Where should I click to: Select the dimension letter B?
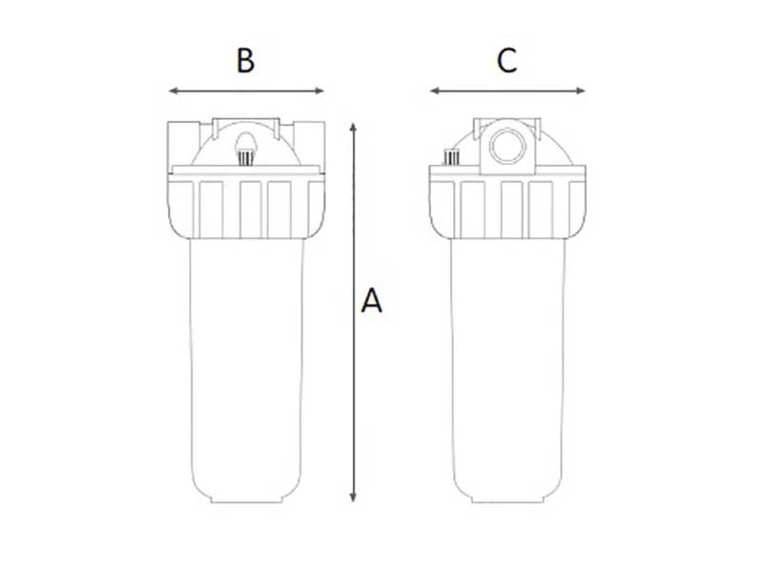[x=245, y=60]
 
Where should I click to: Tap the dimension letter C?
[x=506, y=60]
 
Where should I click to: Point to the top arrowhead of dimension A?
[x=354, y=127]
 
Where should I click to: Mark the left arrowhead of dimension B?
[x=173, y=92]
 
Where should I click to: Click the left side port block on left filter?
[x=184, y=144]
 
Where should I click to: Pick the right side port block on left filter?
[x=309, y=144]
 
